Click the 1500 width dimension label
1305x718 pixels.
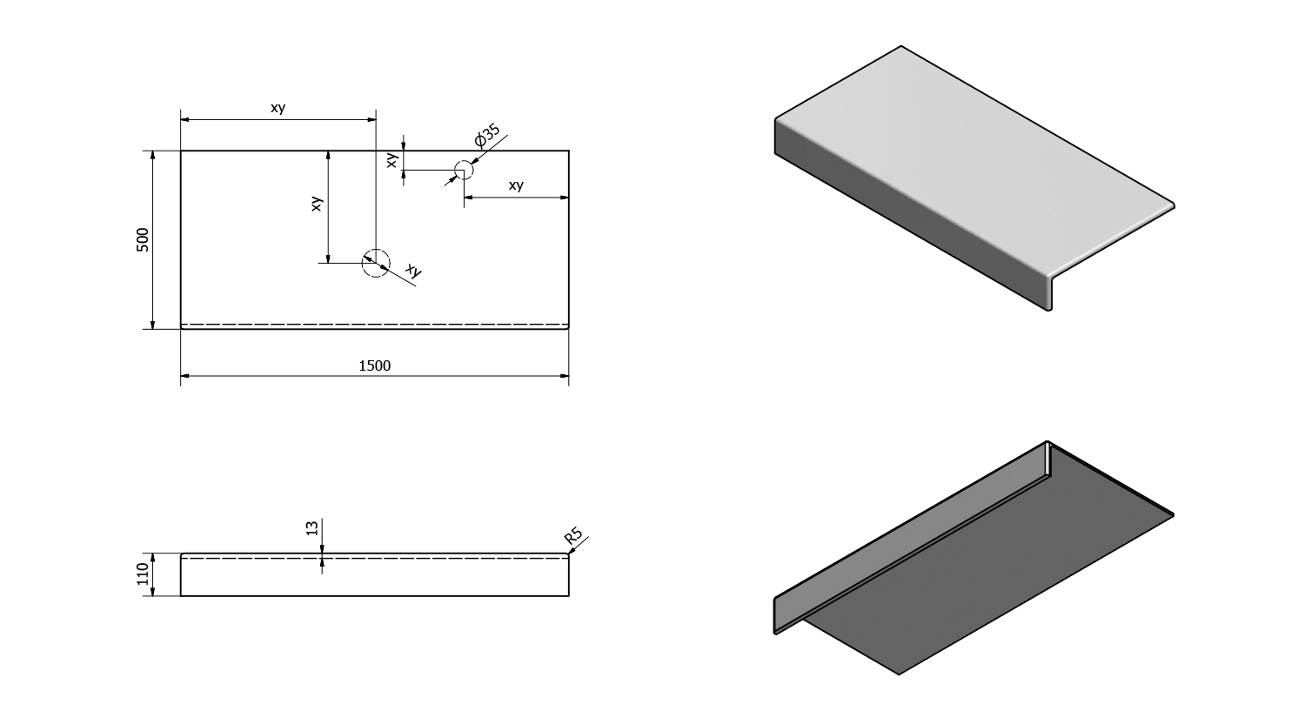pos(375,366)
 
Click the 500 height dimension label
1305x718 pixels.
pos(144,239)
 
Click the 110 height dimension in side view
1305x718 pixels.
pos(144,574)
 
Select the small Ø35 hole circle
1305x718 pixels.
pos(464,170)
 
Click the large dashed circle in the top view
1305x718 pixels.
pos(376,262)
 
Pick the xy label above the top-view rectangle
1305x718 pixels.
pos(278,108)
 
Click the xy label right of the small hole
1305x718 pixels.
pos(516,185)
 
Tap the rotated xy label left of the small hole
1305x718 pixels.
pos(392,159)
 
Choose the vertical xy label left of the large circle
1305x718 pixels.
pos(318,203)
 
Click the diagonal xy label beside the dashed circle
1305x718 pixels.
pos(414,272)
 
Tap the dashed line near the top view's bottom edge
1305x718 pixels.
pos(374,325)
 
